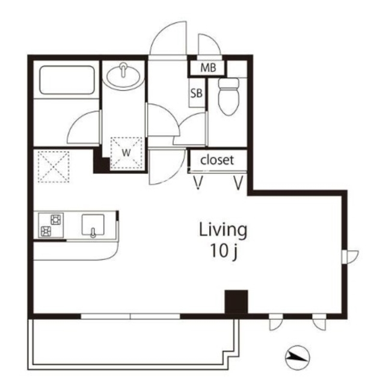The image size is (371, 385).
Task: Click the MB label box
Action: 208,68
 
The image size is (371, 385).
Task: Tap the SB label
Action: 197,93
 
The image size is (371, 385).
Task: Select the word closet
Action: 217,160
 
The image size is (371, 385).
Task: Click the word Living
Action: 223,230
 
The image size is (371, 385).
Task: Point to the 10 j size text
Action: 224,251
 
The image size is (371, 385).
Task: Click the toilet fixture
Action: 228,96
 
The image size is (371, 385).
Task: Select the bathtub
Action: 67,80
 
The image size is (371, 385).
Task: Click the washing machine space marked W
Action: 126,153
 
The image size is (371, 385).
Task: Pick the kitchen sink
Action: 93,225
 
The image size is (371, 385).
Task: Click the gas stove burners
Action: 51,225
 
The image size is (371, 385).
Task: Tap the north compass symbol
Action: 298,358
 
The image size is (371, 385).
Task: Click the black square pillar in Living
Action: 236,301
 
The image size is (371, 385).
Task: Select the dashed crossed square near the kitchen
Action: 54,167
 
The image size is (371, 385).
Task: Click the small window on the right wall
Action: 349,257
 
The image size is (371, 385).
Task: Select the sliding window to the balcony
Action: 130,316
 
